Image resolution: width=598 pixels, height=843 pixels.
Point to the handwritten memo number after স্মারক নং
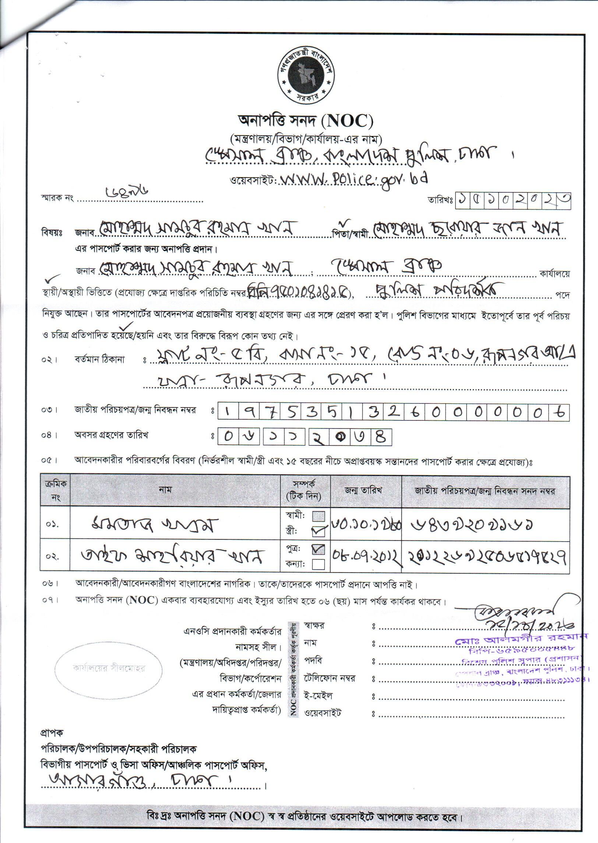(122, 194)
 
